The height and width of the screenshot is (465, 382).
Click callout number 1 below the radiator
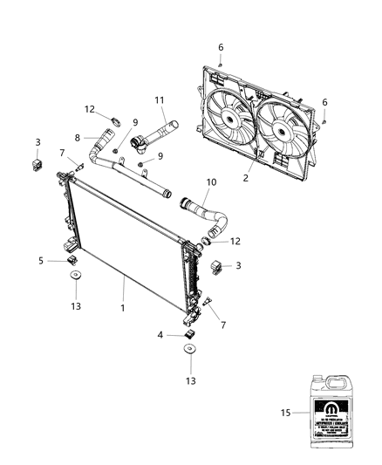click(x=123, y=308)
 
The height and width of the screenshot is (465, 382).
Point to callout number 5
click(x=41, y=260)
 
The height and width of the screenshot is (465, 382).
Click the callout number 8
click(x=77, y=137)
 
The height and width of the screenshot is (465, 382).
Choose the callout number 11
click(x=160, y=102)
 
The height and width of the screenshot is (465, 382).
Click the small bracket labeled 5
click(x=71, y=259)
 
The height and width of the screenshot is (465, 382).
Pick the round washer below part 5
click(x=75, y=277)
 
